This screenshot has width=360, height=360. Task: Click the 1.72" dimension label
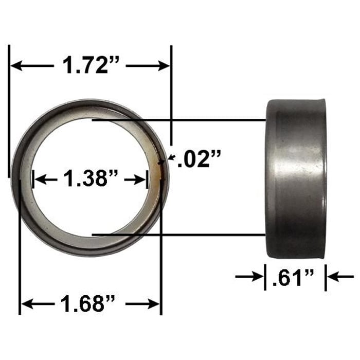click(91, 65)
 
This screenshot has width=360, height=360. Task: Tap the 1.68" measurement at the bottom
click(91, 304)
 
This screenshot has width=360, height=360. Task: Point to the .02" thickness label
click(198, 160)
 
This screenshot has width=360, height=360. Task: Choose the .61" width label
click(296, 278)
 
